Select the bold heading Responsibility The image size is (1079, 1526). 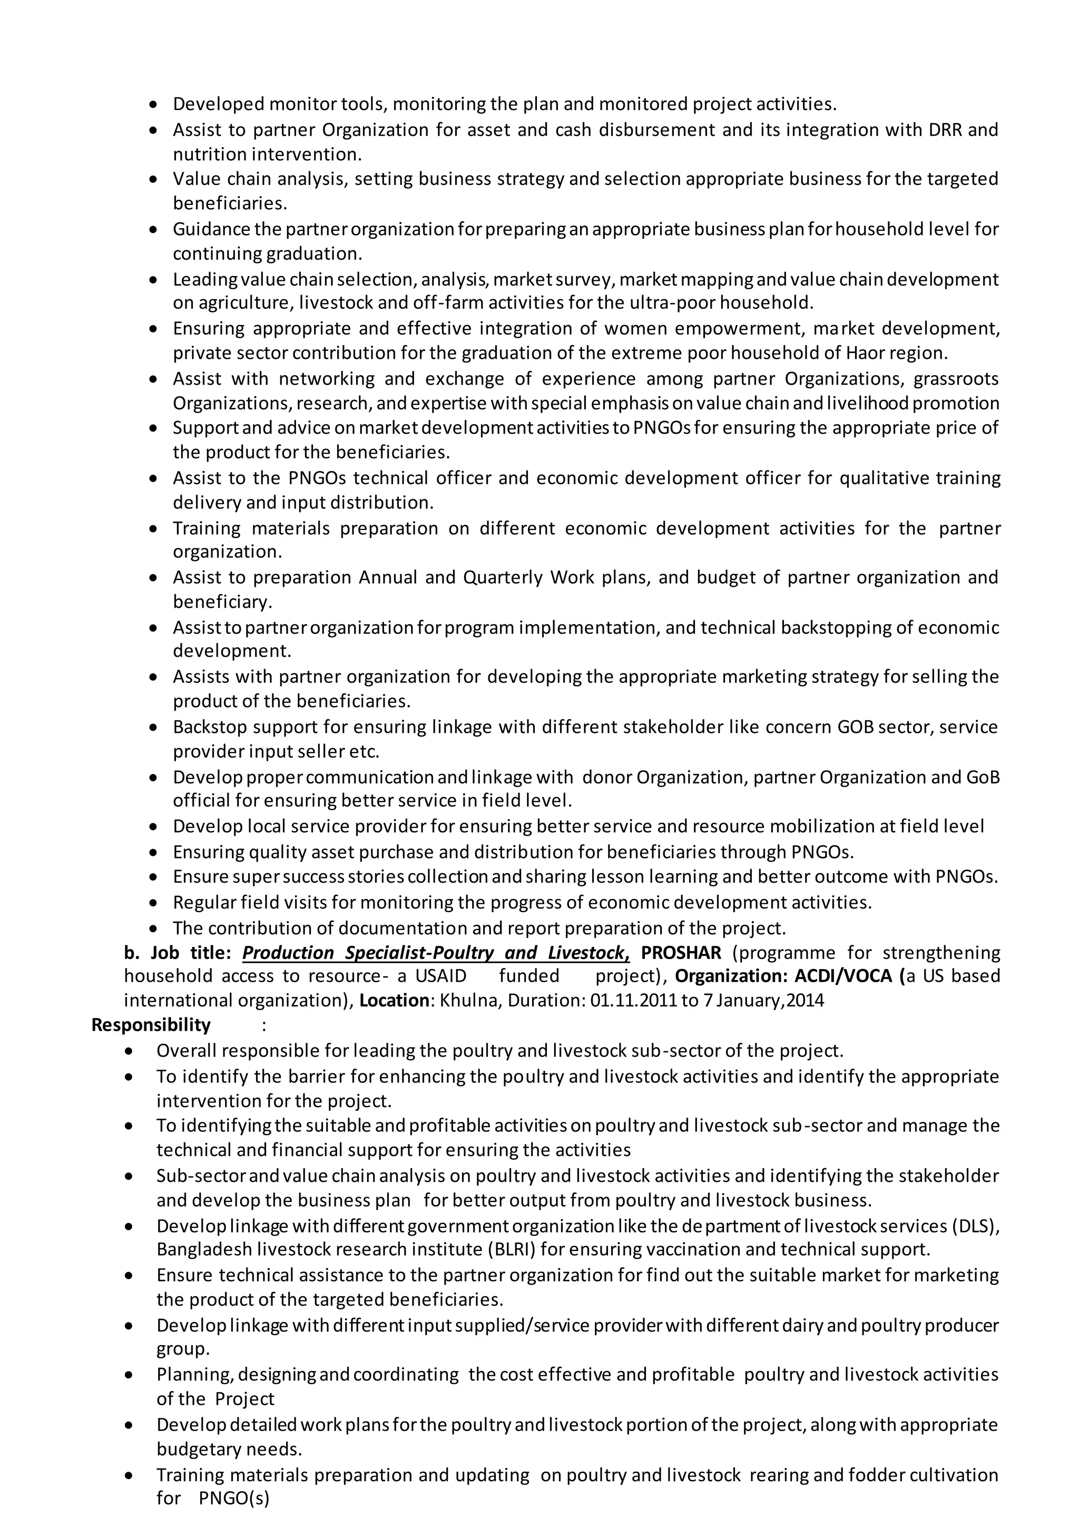click(x=151, y=1025)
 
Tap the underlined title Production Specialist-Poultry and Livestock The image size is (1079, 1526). click(x=435, y=952)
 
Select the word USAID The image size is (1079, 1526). click(x=440, y=976)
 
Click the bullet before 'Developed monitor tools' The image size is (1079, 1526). click(x=154, y=105)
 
